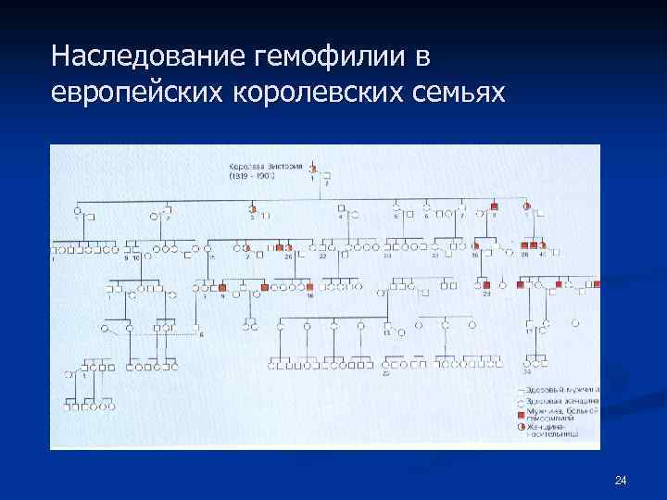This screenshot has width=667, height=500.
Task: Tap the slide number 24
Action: [x=621, y=480]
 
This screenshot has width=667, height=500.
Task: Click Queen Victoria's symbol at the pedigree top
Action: [x=313, y=169]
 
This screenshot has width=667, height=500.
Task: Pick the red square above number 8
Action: [x=495, y=206]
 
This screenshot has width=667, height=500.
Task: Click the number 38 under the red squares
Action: [x=524, y=255]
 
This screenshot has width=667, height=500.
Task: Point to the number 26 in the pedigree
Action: [x=287, y=256]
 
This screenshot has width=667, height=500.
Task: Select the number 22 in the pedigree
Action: [x=323, y=256]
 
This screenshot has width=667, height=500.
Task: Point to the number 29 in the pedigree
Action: [x=485, y=295]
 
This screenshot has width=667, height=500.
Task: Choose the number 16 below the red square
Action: [x=310, y=295]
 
